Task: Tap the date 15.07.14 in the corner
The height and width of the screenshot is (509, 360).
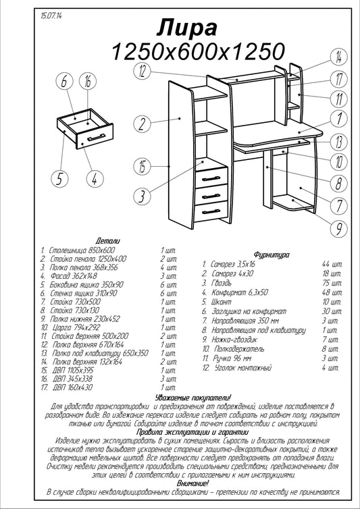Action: coord(51,16)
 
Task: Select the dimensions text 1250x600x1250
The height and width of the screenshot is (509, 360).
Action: coord(198,51)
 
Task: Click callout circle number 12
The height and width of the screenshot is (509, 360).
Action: coord(143,71)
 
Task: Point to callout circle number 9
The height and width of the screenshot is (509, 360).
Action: coord(339,228)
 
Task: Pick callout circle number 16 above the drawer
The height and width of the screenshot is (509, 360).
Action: coord(88,82)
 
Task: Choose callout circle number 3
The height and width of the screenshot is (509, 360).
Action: coord(143,195)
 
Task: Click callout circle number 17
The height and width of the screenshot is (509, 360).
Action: coord(339,79)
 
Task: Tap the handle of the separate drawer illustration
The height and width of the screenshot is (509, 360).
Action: coord(96,137)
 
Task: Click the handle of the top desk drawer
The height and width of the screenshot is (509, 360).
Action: coord(211,178)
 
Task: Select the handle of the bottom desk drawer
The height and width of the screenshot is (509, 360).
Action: coord(211,212)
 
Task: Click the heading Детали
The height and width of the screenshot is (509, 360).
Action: coord(108,241)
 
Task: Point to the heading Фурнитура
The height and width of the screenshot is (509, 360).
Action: coord(272,254)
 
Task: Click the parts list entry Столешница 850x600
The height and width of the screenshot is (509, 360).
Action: coord(82,250)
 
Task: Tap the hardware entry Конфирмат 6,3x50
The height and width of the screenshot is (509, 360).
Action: coord(240,292)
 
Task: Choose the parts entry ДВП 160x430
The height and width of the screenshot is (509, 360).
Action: coord(72,387)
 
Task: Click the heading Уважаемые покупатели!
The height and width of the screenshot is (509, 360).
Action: coord(193,398)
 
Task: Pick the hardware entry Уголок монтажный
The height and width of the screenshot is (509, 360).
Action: coord(243,368)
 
